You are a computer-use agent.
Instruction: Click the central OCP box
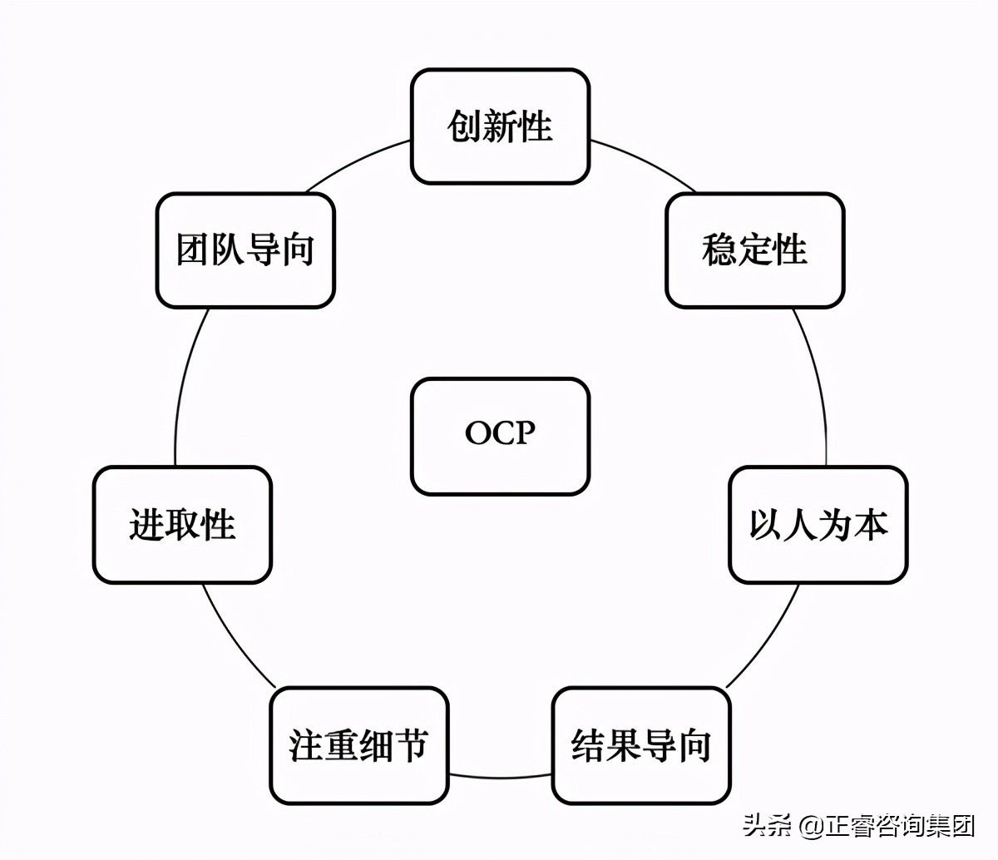point(500,436)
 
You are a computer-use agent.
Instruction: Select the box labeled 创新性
point(500,126)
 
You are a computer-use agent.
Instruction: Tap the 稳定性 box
point(754,250)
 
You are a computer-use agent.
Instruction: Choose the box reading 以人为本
point(818,525)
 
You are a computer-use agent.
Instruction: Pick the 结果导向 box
point(641,745)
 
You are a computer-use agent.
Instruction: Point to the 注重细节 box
point(358,745)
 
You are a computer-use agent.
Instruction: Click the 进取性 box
point(182,525)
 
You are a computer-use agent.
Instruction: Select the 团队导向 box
point(245,250)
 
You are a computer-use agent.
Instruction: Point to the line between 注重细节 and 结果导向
point(500,776)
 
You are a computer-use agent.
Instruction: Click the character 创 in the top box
point(464,126)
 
